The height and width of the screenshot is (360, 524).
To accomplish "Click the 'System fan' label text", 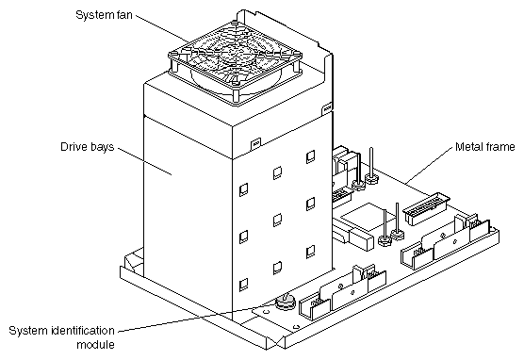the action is click(x=104, y=15).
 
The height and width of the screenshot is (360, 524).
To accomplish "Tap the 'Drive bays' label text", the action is click(x=88, y=147).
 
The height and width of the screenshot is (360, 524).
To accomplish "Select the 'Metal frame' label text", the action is click(x=485, y=147).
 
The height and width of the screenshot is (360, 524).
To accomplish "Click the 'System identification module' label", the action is click(x=62, y=337).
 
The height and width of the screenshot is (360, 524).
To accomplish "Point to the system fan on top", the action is click(x=236, y=63).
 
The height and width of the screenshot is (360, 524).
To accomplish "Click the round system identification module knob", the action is click(x=285, y=302).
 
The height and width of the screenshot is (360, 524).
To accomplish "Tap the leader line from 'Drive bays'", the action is click(x=145, y=161).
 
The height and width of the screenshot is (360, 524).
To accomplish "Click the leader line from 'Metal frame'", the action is click(x=429, y=166).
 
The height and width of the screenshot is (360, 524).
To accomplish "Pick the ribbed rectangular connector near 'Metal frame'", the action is click(x=426, y=207).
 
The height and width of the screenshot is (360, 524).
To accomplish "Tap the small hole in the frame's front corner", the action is click(x=295, y=327).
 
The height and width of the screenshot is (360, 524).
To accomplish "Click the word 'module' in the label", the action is click(x=95, y=344).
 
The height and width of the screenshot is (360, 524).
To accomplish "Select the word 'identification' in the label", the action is click(x=82, y=331).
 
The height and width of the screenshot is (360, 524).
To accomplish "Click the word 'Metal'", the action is click(x=468, y=147).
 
